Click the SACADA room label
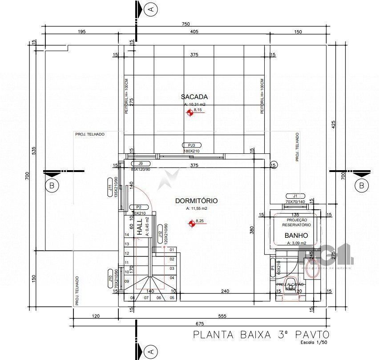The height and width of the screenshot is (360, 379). click(x=194, y=96)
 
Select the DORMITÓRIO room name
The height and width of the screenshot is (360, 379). click(x=196, y=200)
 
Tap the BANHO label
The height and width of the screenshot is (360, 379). click(x=296, y=236)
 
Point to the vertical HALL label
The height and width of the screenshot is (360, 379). click(x=139, y=227)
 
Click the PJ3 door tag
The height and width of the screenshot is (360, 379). click(x=192, y=145)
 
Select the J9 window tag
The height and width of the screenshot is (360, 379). click(x=140, y=164)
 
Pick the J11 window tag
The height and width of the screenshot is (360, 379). click(x=109, y=187)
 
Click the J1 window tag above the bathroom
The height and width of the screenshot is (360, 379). click(x=294, y=196)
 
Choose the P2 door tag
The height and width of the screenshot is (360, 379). click(x=138, y=207)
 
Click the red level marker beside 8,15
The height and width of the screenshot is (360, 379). click(x=189, y=113)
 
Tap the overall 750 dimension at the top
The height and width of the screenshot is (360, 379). click(x=185, y=24)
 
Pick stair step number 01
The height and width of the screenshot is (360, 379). click(x=172, y=250)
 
